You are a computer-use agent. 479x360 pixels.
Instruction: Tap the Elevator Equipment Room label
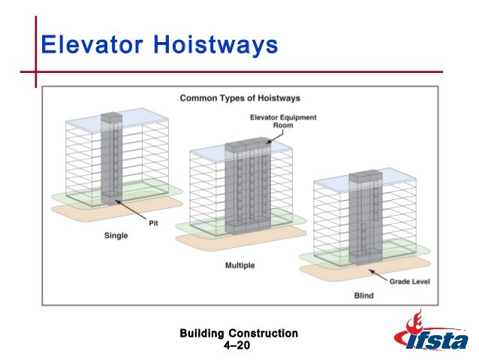pyautogui.click(x=283, y=122)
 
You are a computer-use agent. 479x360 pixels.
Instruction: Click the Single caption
pyautogui.click(x=116, y=235)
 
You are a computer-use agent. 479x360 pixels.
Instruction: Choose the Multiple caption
pyautogui.click(x=239, y=265)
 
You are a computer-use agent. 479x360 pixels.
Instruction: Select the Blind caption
pyautogui.click(x=363, y=295)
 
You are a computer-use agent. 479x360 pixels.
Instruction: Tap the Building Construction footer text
pyautogui.click(x=239, y=333)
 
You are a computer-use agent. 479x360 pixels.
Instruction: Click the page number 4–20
pyautogui.click(x=239, y=345)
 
